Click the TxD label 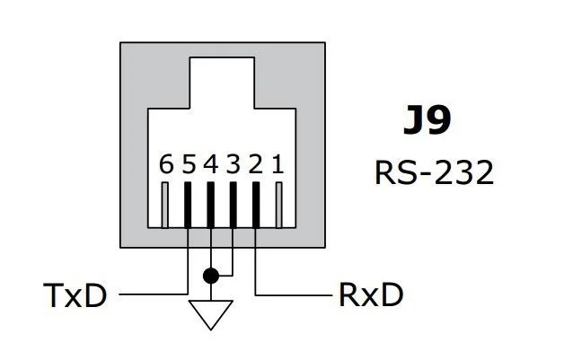75,294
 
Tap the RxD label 370,294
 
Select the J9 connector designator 426,122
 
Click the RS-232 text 434,172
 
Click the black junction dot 211,275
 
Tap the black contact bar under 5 189,204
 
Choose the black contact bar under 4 211,204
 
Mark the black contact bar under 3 234,204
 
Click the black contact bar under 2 256,204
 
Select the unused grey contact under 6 165,204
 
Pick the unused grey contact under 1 278,204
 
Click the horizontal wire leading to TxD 153,294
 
